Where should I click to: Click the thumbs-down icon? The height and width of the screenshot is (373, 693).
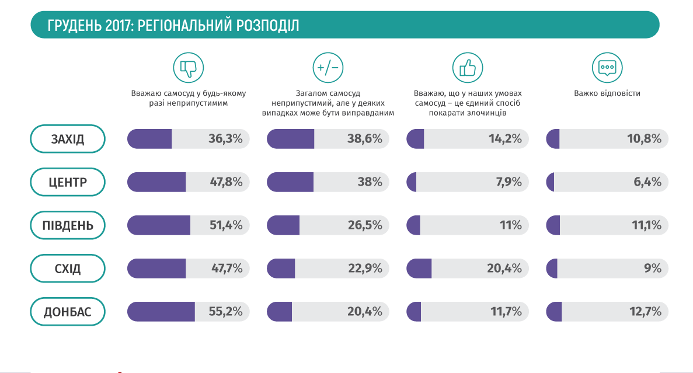188,68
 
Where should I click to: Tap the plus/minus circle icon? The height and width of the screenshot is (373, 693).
328,68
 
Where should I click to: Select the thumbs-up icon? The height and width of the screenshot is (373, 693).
467,68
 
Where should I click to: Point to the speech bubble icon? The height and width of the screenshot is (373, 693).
607,68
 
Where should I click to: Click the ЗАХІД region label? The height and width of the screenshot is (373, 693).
67,140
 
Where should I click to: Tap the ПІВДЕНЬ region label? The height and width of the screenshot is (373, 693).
67,225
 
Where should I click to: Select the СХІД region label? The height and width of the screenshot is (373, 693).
67,269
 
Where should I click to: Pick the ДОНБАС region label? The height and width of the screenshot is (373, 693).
67,312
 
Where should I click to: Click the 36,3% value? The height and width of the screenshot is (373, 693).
225,140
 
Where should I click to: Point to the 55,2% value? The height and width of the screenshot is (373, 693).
225,312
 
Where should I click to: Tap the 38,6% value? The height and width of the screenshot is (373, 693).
364,140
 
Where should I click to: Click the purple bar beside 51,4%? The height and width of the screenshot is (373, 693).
159,225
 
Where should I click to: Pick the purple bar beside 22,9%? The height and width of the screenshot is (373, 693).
281,269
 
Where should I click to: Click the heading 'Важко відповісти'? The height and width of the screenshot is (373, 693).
607,93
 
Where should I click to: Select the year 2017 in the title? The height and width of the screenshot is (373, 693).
112,25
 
